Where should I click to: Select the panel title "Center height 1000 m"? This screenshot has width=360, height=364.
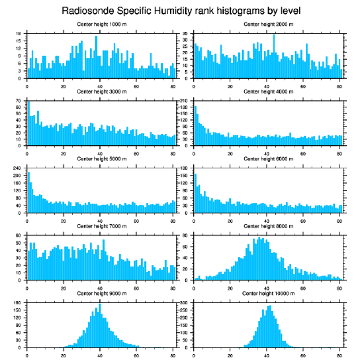pos(101,24)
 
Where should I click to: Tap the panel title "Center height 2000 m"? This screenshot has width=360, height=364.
pos(268,24)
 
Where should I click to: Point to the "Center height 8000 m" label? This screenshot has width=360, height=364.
pos(268,226)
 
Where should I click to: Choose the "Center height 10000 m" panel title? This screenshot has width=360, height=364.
pos(268,293)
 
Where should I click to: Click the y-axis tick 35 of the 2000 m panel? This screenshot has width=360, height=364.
pos(186,34)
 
